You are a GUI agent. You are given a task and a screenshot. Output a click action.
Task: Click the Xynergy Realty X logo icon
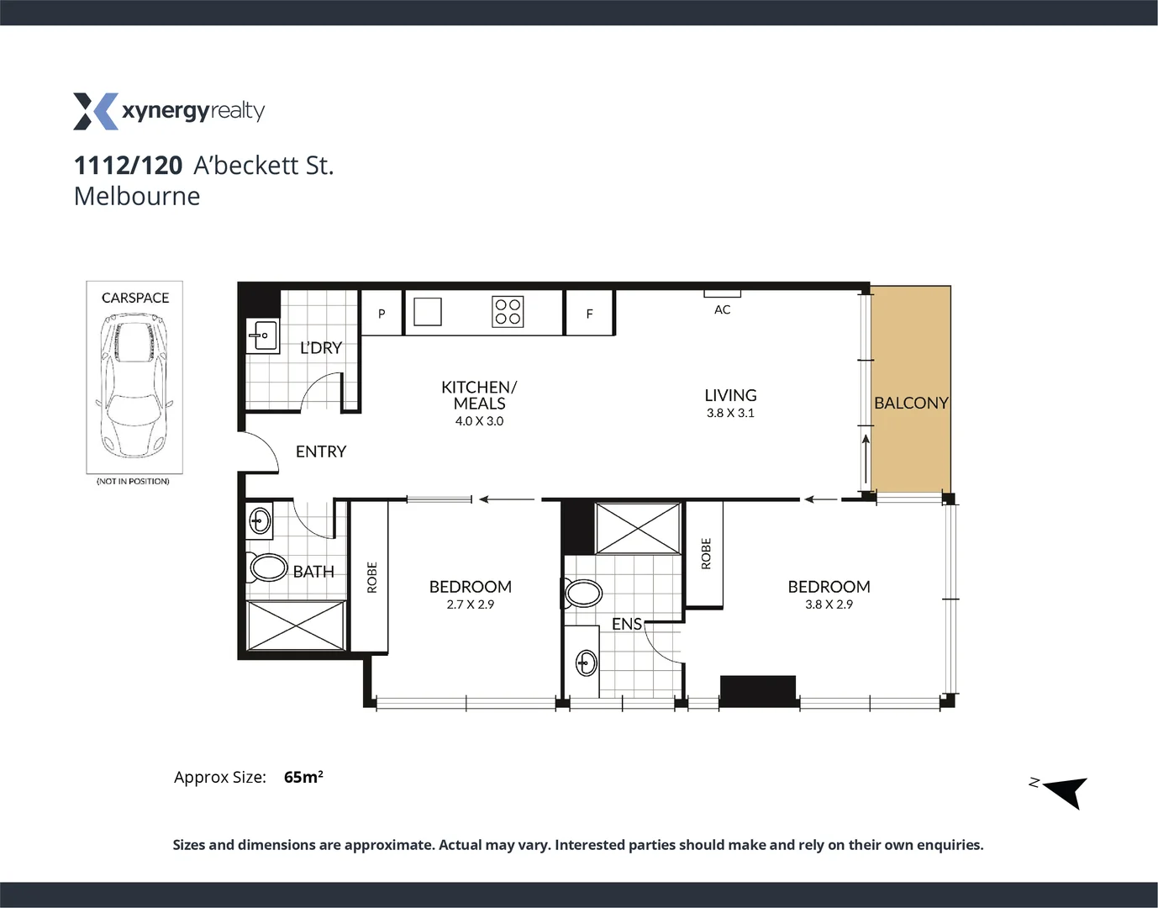point(95,112)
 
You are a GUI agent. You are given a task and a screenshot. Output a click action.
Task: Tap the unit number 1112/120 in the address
point(128,166)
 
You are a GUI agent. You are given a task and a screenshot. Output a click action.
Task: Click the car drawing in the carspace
point(134,383)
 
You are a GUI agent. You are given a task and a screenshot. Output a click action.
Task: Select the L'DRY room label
point(320,347)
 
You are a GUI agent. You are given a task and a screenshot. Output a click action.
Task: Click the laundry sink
point(261,335)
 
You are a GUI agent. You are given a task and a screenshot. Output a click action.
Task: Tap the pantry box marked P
point(382,314)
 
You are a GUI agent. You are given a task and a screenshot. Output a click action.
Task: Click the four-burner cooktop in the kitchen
point(508,312)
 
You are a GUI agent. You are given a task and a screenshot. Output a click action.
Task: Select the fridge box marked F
point(589,314)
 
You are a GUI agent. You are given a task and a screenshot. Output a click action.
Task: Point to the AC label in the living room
point(722,309)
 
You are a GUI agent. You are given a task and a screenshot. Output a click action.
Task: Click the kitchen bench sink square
point(427,312)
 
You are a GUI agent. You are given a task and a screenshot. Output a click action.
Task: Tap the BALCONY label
point(911,403)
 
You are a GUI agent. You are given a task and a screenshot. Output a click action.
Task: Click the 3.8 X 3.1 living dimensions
point(729,413)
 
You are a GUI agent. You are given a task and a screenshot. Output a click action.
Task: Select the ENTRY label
point(320,451)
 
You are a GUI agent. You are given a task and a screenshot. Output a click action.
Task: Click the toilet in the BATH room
point(268,567)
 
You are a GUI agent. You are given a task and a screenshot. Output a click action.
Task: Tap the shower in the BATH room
point(296,626)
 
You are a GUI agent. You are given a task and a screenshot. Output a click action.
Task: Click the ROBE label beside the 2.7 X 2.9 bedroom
point(371,577)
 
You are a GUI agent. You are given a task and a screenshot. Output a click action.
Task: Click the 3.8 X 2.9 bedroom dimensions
point(829,604)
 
